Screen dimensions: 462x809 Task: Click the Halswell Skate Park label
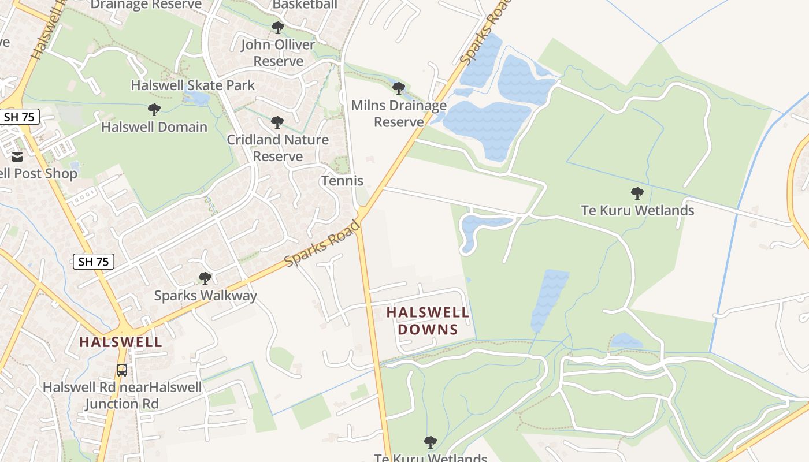tap(192, 85)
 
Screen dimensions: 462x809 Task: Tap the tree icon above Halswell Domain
tap(154, 109)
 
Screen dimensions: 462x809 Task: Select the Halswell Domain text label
tap(154, 127)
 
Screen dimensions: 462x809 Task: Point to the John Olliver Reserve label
tap(278, 53)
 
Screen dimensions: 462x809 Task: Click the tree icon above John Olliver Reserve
tap(278, 27)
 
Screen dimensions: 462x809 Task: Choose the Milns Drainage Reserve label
tap(399, 114)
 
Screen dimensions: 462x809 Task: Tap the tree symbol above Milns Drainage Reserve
tap(398, 88)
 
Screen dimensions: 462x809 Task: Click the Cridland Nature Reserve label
tap(277, 148)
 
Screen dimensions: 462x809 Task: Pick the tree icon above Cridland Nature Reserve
tap(277, 122)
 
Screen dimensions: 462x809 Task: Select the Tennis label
tap(342, 181)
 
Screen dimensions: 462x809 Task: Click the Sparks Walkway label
tap(205, 296)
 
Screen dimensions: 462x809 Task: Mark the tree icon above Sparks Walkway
tap(205, 278)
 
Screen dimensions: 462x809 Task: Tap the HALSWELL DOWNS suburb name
tap(428, 321)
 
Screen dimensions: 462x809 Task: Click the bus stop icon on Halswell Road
tap(121, 370)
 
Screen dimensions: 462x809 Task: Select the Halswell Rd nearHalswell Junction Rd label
tap(122, 395)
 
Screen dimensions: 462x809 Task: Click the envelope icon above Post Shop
tap(17, 157)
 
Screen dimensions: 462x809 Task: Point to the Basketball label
tap(305, 5)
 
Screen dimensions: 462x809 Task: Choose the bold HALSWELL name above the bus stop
tap(120, 342)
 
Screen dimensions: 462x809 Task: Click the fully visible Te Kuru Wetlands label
tap(637, 210)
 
